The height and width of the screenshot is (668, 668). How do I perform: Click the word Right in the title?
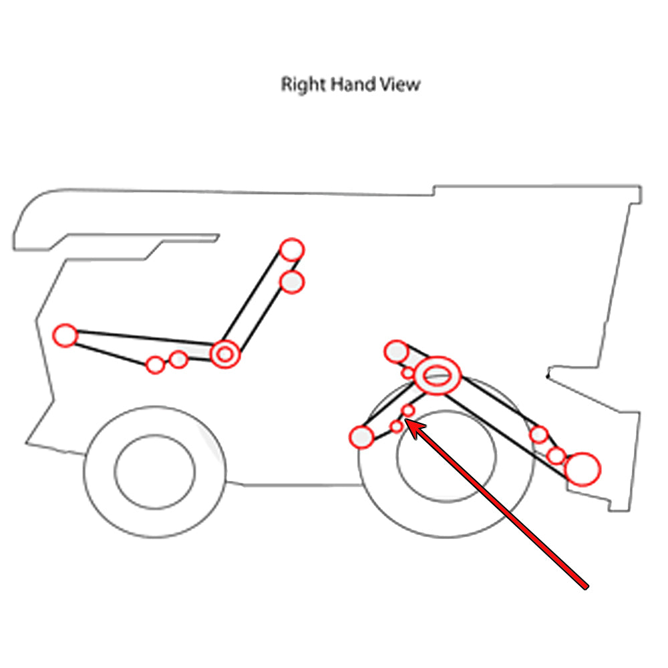(296, 86)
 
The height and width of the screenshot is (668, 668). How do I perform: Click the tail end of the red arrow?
(586, 587)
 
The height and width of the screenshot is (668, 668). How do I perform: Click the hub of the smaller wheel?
(155, 470)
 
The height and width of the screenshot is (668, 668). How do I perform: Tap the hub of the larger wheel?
(446, 454)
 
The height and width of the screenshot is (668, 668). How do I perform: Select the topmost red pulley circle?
(291, 249)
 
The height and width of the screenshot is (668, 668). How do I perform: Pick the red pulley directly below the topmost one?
(292, 281)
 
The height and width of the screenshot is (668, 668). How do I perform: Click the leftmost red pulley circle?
(65, 335)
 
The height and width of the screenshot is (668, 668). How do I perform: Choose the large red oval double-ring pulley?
(438, 374)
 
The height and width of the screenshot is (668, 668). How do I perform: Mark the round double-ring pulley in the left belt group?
(225, 354)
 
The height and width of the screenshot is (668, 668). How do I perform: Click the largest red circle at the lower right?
(582, 469)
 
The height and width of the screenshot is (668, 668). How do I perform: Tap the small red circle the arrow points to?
(397, 426)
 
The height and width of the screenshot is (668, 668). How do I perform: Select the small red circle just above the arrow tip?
(407, 409)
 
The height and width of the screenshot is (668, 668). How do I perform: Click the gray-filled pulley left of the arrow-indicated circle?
(361, 437)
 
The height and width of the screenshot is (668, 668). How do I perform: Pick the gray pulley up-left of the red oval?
(396, 351)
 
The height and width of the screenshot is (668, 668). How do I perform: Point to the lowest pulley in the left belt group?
(155, 365)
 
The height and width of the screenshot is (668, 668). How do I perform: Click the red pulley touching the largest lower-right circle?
(556, 456)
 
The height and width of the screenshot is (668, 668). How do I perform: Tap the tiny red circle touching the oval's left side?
(408, 373)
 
